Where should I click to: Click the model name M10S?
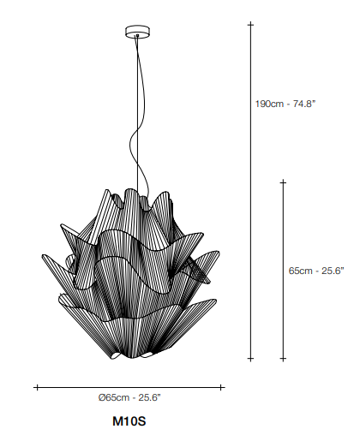click(x=129, y=420)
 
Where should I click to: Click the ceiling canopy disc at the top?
click(x=138, y=32)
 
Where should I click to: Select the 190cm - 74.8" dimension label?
click(x=285, y=104)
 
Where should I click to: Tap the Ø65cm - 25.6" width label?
click(x=129, y=397)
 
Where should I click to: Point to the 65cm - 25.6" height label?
click(x=316, y=271)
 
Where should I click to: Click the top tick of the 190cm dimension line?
click(x=251, y=25)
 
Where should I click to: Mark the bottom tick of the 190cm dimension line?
click(x=251, y=358)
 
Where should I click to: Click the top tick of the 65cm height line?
click(x=283, y=182)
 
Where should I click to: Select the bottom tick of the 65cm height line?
click(x=283, y=358)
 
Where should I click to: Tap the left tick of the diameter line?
click(x=37, y=387)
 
